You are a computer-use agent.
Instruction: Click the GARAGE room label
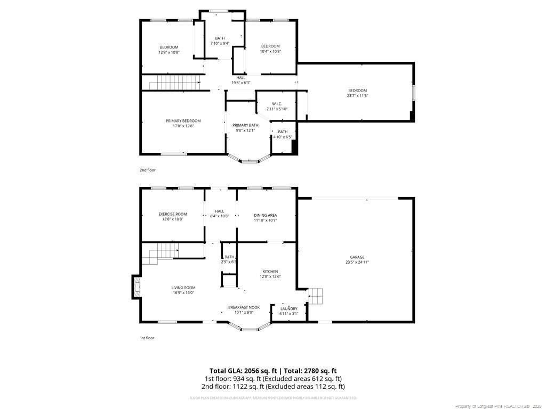[357, 257]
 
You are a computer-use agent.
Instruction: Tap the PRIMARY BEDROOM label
[183, 121]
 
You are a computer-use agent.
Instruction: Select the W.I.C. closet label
[277, 104]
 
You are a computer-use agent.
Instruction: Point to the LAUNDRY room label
[289, 309]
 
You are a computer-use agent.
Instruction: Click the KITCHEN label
[270, 272]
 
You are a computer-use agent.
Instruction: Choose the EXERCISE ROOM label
[173, 214]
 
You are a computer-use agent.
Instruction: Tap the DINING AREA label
[265, 215]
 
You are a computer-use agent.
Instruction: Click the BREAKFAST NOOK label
[244, 307]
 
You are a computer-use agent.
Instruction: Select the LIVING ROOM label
[183, 288]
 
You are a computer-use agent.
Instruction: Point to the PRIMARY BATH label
[245, 125]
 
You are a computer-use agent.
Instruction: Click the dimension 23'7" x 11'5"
[357, 96]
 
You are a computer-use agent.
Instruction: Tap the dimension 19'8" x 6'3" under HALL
[241, 83]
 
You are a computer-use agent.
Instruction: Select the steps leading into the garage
[316, 296]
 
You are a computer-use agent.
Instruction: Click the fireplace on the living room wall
[136, 288]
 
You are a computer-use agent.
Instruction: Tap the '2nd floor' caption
[148, 170]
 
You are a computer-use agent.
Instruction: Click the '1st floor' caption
[147, 338]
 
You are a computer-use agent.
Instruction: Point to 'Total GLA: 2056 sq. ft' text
[243, 371]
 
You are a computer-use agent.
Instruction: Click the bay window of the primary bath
[249, 160]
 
